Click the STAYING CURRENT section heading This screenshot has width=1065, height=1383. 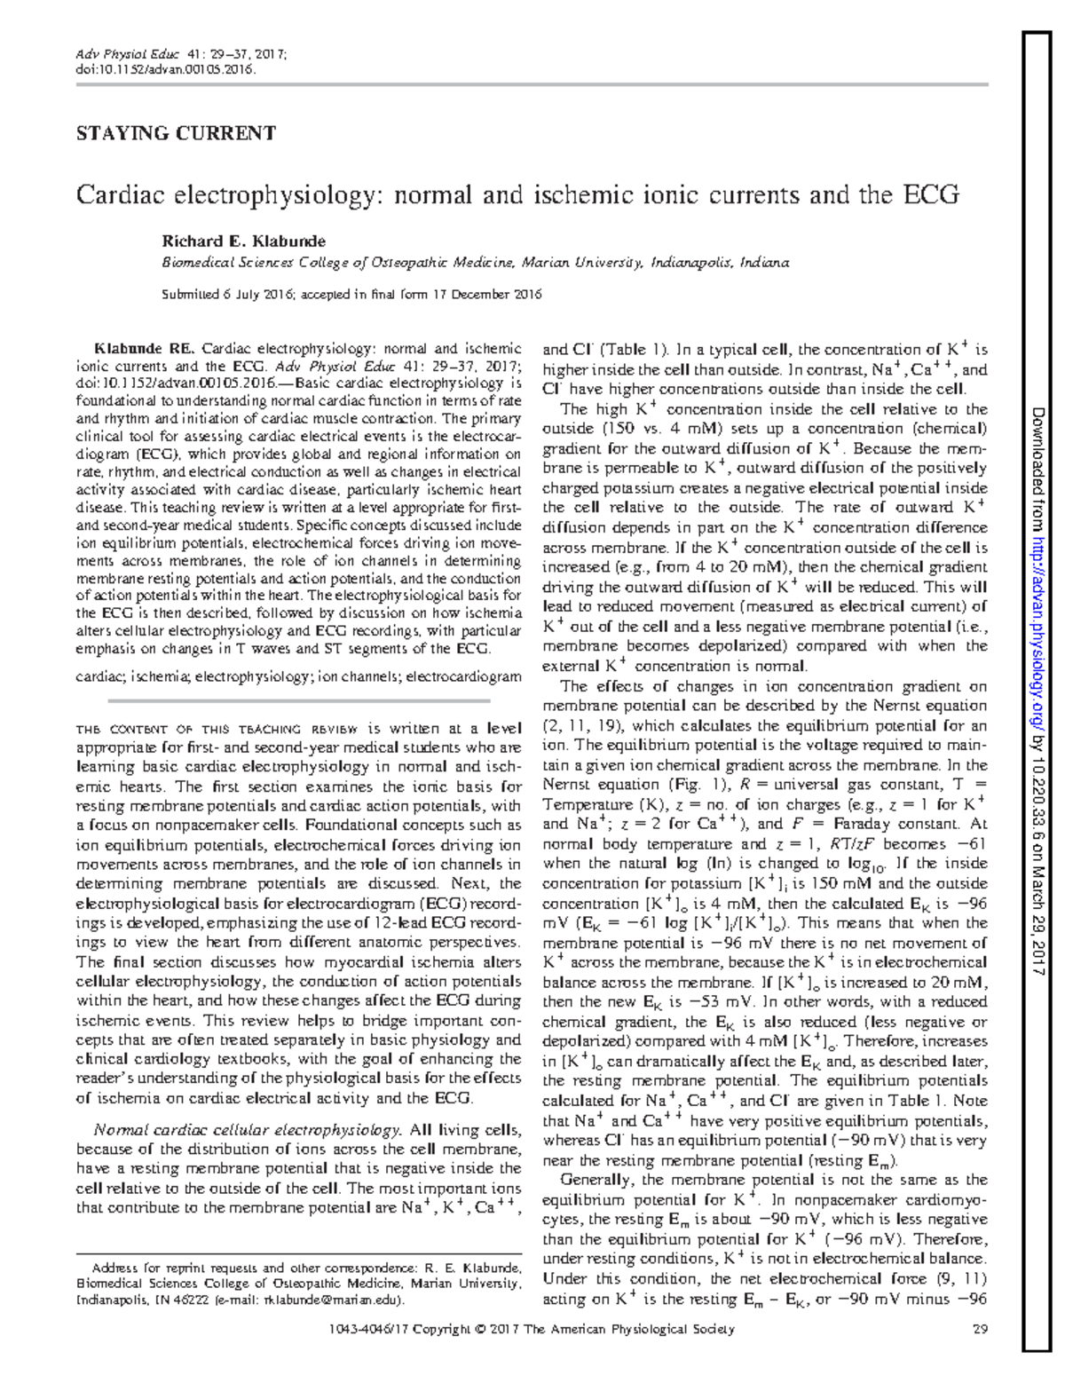176,134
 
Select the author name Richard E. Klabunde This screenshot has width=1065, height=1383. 242,241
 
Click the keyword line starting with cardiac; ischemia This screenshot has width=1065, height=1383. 298,676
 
